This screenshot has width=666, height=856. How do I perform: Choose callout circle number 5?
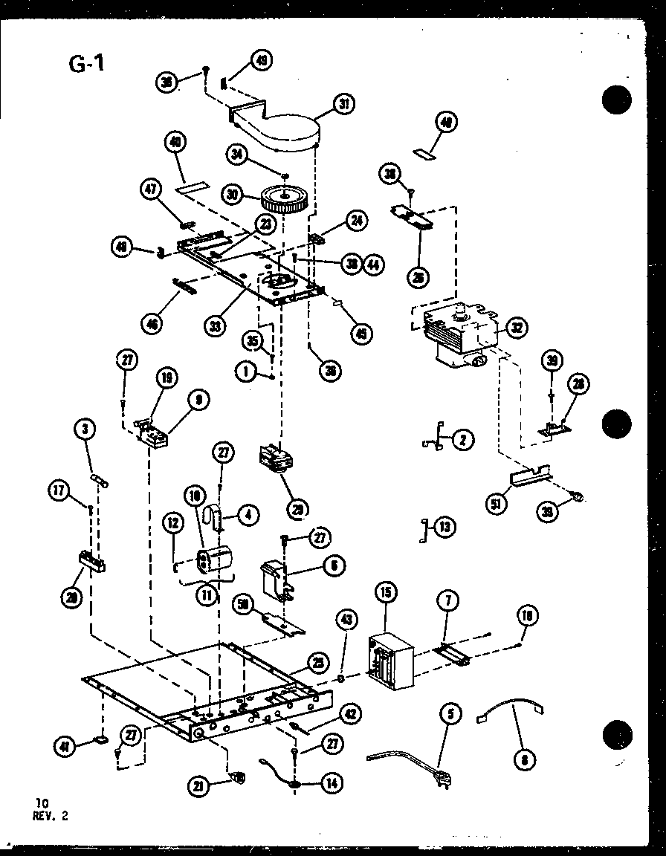pyautogui.click(x=451, y=715)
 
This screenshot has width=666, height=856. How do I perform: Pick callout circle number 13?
pyautogui.click(x=444, y=528)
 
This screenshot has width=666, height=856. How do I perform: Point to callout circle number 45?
pyautogui.click(x=361, y=334)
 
